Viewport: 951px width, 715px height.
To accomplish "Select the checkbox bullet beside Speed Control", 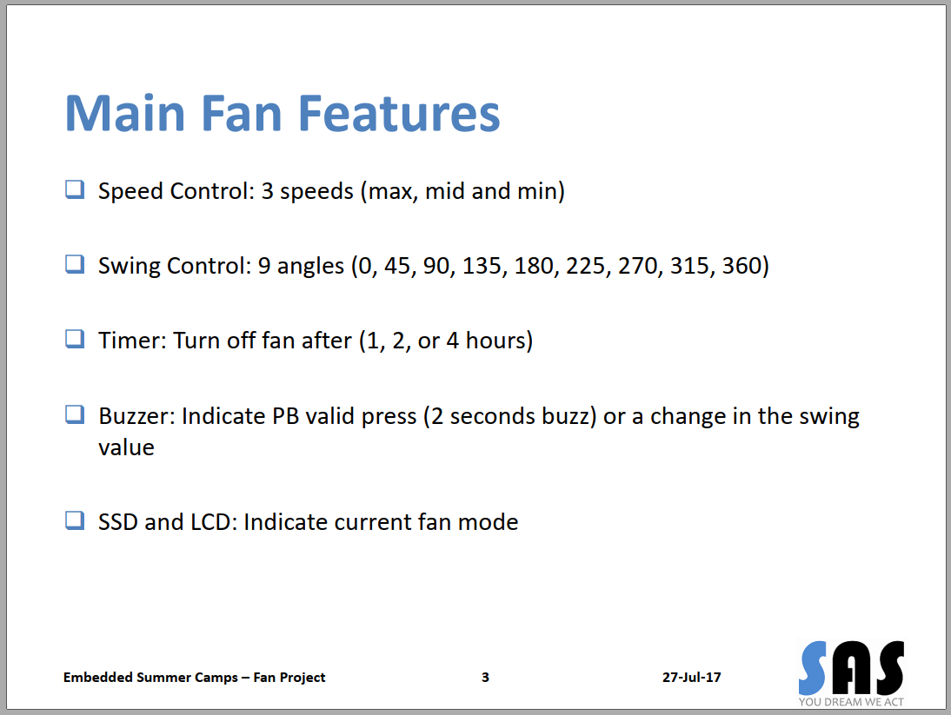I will tap(75, 189).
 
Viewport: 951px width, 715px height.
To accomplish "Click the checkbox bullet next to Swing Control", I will tap(75, 264).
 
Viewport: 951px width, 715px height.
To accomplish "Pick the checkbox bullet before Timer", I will tap(75, 339).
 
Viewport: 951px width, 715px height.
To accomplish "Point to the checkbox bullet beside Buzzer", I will tap(75, 414).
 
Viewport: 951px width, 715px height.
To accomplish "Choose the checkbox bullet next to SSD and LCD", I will tap(75, 520).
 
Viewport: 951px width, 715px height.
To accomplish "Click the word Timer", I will tap(131, 341).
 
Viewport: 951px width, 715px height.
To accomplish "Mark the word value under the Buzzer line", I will tap(126, 448).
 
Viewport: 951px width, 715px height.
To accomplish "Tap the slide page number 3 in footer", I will tap(485, 677).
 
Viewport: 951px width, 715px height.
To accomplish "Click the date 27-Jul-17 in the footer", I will tap(691, 677).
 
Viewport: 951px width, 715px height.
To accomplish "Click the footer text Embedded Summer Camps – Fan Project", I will tap(194, 677).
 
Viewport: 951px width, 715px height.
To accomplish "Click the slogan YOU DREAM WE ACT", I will tap(852, 702).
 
